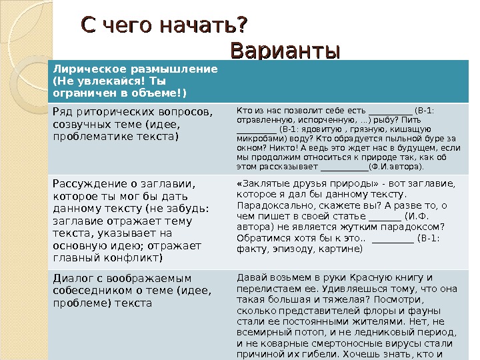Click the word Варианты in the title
(x=285, y=51)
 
